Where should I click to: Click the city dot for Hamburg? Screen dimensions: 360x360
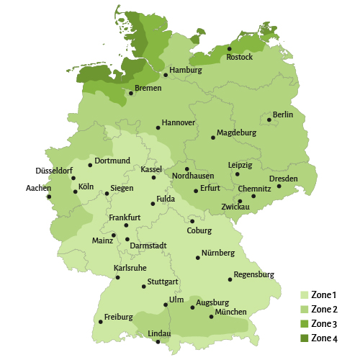pyautogui.click(x=166, y=75)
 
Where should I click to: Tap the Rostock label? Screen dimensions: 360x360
pyautogui.click(x=239, y=58)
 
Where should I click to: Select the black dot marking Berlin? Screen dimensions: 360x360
pyautogui.click(x=269, y=120)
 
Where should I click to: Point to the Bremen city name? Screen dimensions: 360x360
pyautogui.click(x=148, y=88)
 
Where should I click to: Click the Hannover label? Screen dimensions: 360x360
pyautogui.click(x=179, y=122)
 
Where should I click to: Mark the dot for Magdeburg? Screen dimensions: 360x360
pyautogui.click(x=213, y=137)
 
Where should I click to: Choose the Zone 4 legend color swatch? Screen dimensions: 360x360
pyautogui.click(x=305, y=338)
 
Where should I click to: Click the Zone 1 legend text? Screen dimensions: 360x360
pyautogui.click(x=323, y=294)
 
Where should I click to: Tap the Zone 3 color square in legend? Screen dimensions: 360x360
pyautogui.click(x=305, y=324)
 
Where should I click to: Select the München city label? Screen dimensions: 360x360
pyautogui.click(x=230, y=312)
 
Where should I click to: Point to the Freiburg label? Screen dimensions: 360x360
pyautogui.click(x=119, y=317)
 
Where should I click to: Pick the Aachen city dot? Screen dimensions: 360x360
pyautogui.click(x=49, y=197)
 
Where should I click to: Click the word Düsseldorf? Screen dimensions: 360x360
pyautogui.click(x=55, y=171)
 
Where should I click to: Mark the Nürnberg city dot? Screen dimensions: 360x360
pyautogui.click(x=197, y=258)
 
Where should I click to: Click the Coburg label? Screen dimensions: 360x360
pyautogui.click(x=199, y=230)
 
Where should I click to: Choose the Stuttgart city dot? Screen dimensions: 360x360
pyautogui.click(x=144, y=287)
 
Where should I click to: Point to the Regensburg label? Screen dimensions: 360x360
pyautogui.click(x=254, y=274)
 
